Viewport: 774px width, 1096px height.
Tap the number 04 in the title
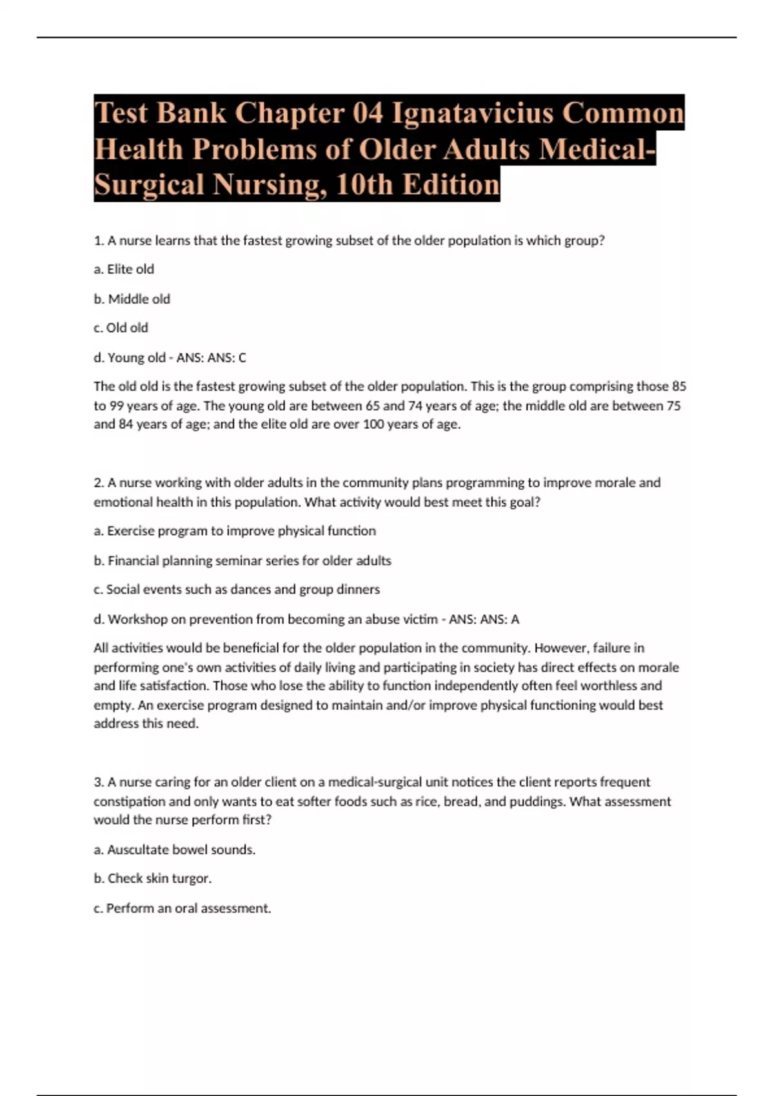(368, 113)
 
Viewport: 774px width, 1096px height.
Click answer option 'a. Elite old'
(124, 269)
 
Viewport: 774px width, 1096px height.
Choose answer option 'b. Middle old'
(132, 299)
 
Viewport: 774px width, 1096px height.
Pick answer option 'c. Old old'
(121, 328)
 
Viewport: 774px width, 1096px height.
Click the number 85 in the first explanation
(679, 387)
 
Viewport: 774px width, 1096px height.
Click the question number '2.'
(99, 483)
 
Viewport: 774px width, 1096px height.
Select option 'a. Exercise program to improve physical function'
(235, 531)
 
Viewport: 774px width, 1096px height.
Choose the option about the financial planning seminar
(243, 561)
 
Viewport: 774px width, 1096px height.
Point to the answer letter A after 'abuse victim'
(515, 620)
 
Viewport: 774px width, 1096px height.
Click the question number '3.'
(99, 782)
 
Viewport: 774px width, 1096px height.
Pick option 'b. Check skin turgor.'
(153, 879)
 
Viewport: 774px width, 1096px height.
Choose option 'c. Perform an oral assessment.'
(183, 908)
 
